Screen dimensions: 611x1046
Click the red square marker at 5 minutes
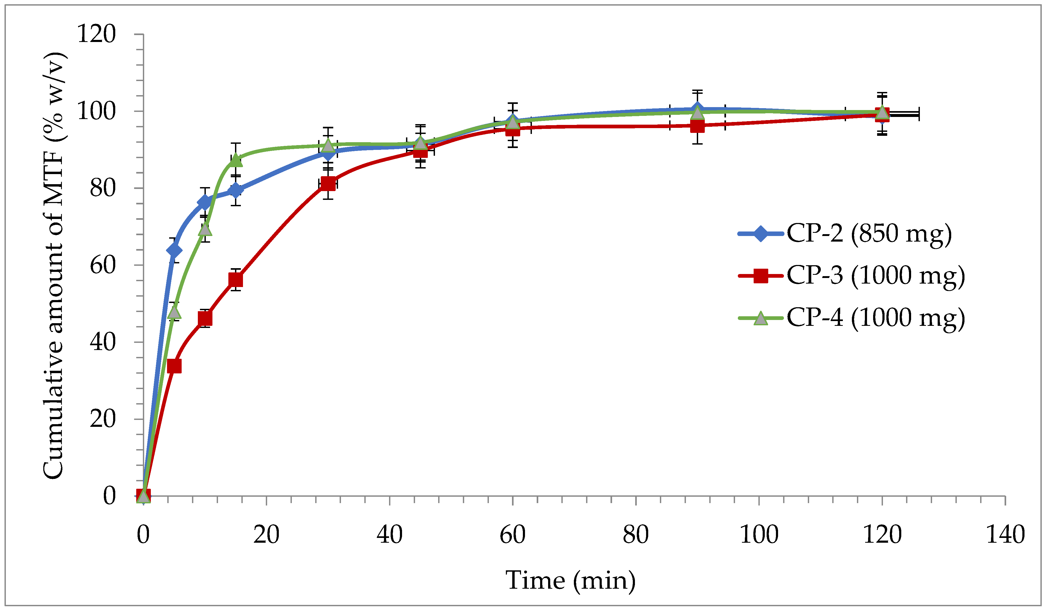point(174,366)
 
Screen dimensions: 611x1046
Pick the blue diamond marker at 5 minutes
point(174,250)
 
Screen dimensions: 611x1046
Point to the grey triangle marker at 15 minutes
point(235,160)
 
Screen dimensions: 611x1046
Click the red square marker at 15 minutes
point(235,280)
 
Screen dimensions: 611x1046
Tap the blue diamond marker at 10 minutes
point(205,202)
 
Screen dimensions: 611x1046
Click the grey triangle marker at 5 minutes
point(174,311)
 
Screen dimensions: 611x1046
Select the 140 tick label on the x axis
point(1005,534)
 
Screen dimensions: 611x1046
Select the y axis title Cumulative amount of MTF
point(54,266)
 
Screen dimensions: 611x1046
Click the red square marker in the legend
point(761,276)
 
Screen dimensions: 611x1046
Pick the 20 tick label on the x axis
point(266,534)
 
